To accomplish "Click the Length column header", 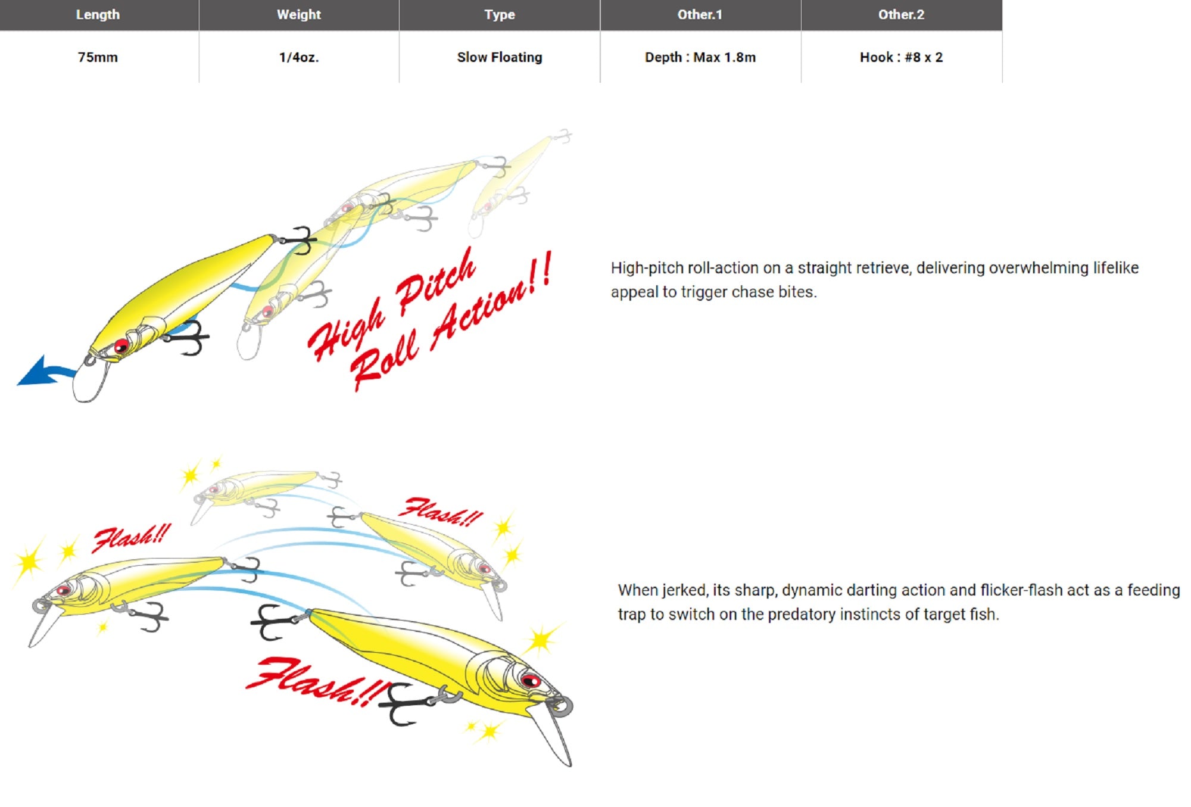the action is coord(98,15).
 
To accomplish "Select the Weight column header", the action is coord(299,15).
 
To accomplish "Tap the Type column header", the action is coord(500,15).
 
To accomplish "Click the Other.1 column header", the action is coord(700,15).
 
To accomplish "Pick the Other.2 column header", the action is coord(902,15).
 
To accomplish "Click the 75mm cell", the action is coord(98,57).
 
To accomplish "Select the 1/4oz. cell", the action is coord(299,57).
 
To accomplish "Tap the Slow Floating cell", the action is coord(500,57).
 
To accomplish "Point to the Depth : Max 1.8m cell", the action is coord(700,57).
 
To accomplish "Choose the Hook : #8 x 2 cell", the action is coord(902,57).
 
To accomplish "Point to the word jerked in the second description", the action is coord(685,591).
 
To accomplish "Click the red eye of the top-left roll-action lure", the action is coord(121,345).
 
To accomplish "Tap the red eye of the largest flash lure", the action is coord(529,680).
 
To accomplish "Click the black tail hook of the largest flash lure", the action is coord(272,622).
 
